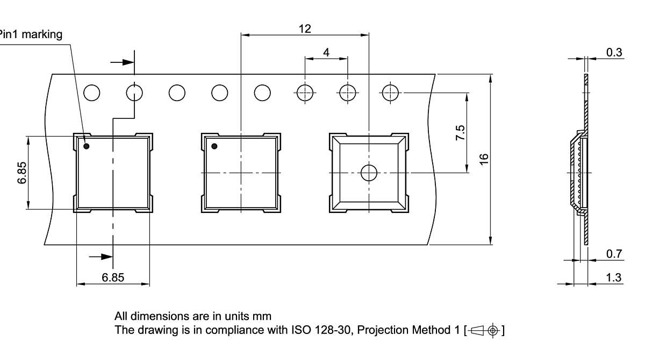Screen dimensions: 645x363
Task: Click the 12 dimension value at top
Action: (x=305, y=29)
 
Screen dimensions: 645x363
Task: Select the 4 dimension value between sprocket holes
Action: (x=326, y=53)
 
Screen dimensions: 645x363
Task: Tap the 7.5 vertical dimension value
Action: (x=460, y=132)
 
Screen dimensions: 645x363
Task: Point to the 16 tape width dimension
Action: (x=484, y=159)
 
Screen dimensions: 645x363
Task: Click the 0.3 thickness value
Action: (x=614, y=53)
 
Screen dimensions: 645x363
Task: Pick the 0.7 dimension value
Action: (x=614, y=254)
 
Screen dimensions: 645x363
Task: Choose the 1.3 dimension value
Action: (x=614, y=277)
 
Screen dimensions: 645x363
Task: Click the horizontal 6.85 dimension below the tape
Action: (x=113, y=277)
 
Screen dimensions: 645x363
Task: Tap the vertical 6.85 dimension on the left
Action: (x=22, y=173)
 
